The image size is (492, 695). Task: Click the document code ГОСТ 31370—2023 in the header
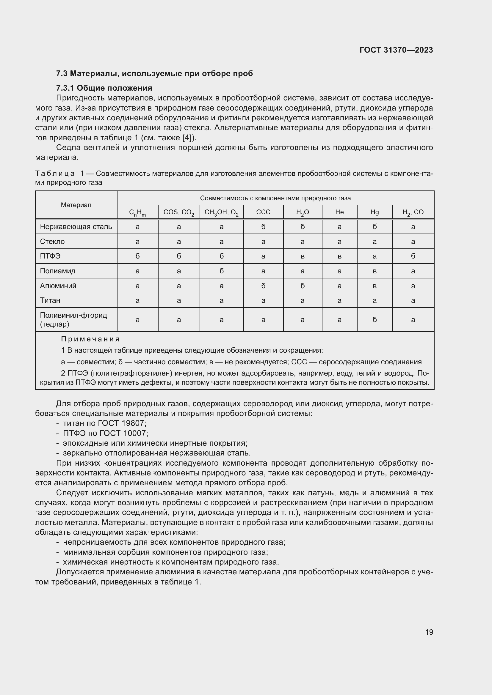click(396, 50)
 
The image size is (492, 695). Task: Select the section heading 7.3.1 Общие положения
click(104, 88)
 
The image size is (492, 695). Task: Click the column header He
click(339, 212)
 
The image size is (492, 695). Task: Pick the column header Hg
click(375, 212)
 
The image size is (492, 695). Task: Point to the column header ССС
click(263, 212)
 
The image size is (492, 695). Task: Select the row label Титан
click(50, 300)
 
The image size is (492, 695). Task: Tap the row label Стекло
click(52, 242)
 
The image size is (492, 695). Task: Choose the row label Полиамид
click(58, 271)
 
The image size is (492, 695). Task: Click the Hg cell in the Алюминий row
click(375, 286)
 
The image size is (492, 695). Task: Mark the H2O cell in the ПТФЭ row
click(302, 256)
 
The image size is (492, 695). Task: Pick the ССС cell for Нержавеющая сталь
click(263, 227)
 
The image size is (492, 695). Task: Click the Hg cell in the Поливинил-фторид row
click(375, 320)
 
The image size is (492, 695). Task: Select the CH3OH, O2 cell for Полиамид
click(222, 271)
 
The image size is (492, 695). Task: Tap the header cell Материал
click(76, 205)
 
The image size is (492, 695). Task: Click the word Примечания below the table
click(90, 339)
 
